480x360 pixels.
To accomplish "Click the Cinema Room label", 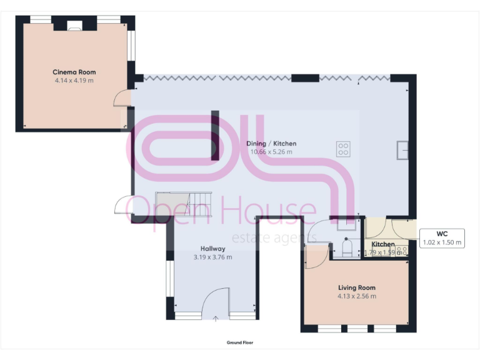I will (x=74, y=72).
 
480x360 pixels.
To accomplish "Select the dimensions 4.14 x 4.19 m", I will (x=74, y=81).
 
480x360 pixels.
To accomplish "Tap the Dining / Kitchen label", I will (x=271, y=143).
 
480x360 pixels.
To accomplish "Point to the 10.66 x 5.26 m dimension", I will (x=271, y=152).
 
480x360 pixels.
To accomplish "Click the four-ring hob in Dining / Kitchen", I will (x=343, y=149).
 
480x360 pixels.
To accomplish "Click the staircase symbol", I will (x=184, y=204).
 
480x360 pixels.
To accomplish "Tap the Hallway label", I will (x=212, y=248).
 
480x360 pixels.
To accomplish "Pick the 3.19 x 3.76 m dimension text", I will (x=212, y=257).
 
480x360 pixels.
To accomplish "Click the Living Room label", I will (x=356, y=287).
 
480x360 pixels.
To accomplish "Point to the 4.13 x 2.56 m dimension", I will (x=356, y=296).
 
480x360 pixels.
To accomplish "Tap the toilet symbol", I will (x=347, y=249).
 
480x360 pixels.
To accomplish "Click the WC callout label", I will (x=441, y=234).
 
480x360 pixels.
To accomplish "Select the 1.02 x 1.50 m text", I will (x=441, y=242).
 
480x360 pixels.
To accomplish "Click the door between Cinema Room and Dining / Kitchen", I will (x=124, y=98).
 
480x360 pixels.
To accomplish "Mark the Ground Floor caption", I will (x=240, y=342).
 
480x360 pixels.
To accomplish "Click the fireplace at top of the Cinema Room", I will (x=74, y=26).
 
